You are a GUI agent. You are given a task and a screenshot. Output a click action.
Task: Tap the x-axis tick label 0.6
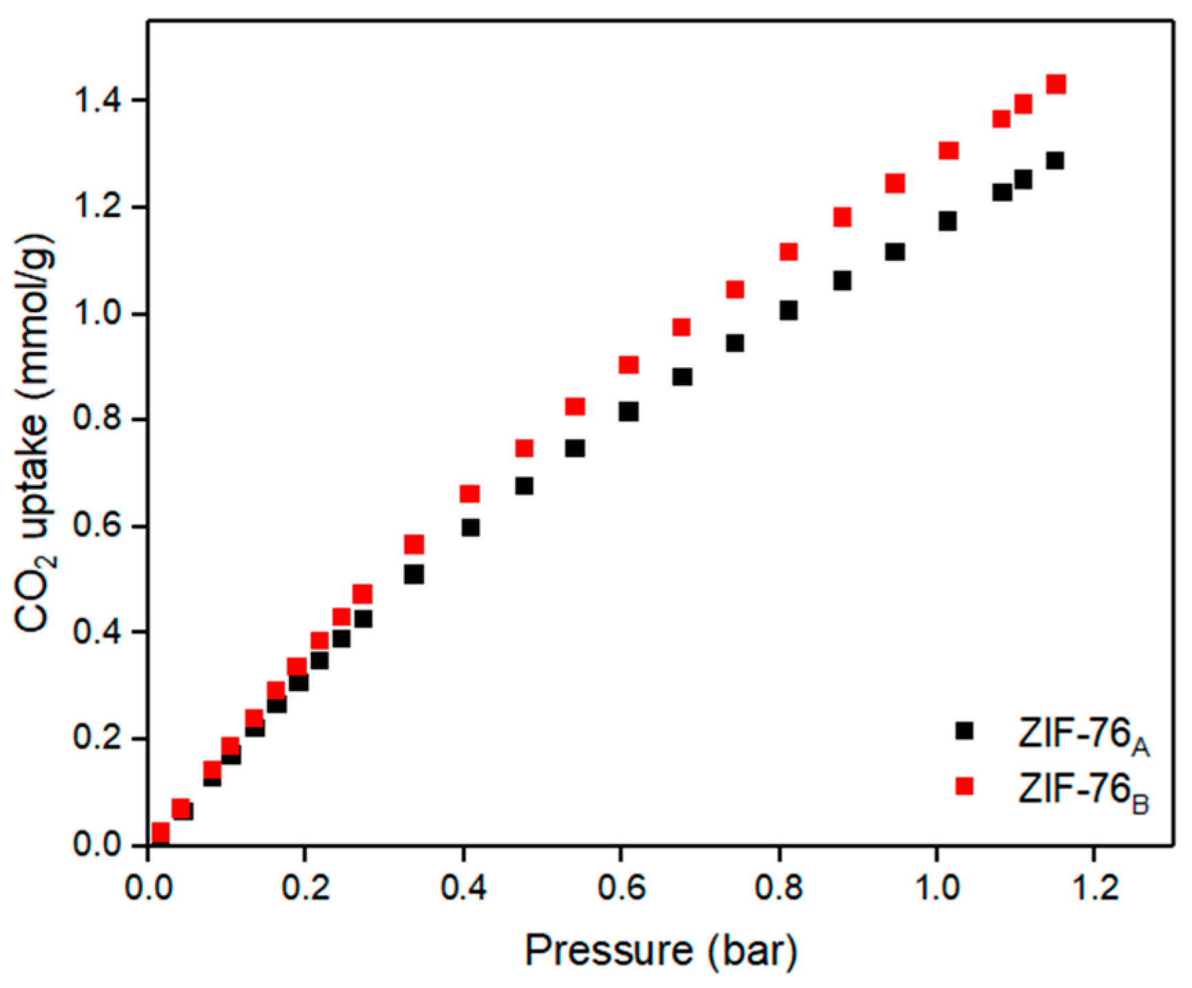(x=621, y=887)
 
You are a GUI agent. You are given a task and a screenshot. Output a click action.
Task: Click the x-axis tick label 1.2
(x=1094, y=887)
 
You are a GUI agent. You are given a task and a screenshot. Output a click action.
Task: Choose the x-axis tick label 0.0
(x=148, y=887)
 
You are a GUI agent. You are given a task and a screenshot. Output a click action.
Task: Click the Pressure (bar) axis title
(x=660, y=951)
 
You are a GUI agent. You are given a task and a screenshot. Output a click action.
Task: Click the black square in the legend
(x=964, y=731)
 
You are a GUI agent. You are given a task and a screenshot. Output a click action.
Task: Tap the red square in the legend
(x=964, y=786)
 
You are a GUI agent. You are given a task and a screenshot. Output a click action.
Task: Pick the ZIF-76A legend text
(x=1083, y=735)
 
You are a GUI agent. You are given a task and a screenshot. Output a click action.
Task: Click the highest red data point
(x=1056, y=85)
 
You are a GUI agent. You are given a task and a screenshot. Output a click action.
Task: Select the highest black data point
(x=1055, y=161)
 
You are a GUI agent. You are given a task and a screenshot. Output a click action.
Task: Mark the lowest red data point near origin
(x=160, y=833)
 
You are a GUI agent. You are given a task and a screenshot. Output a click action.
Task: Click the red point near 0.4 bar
(x=469, y=494)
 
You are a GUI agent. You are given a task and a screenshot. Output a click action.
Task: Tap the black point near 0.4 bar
(x=471, y=528)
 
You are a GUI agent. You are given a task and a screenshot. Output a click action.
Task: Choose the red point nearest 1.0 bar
(x=949, y=151)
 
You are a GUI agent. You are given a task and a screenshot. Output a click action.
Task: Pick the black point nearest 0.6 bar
(x=628, y=412)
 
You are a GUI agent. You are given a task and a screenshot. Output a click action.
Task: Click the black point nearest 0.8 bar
(x=789, y=311)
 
